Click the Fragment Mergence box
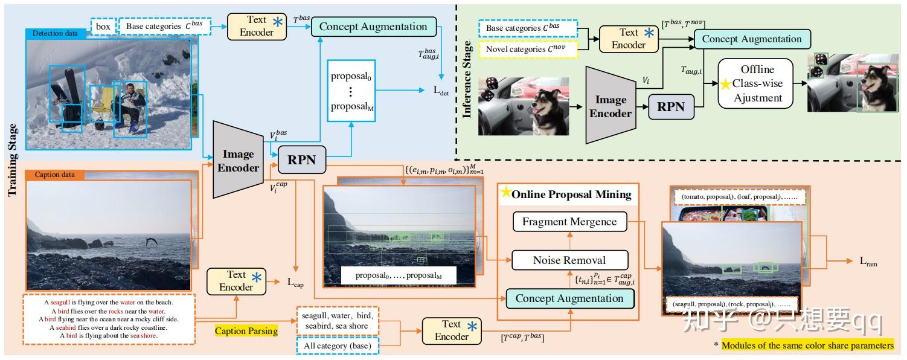(x=569, y=222)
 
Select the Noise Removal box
(x=569, y=260)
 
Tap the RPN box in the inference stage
(x=670, y=106)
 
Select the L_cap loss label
(x=296, y=282)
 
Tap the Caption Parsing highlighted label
(x=246, y=331)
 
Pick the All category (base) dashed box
(x=338, y=346)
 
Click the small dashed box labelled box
(x=103, y=27)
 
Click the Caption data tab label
(x=55, y=175)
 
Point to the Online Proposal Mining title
(x=571, y=194)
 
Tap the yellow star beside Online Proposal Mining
(x=505, y=193)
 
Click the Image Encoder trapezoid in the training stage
(x=238, y=159)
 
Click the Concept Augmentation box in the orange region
(x=569, y=298)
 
